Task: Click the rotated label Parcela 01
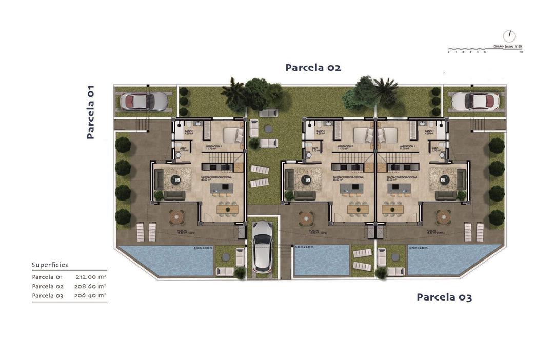(90, 112)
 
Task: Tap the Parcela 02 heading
(313, 67)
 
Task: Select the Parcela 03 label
(444, 297)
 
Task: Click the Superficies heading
(50, 265)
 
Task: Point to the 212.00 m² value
(90, 277)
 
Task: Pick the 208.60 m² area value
(90, 286)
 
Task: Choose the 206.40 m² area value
(90, 295)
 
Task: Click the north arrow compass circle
(509, 36)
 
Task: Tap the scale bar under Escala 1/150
(485, 50)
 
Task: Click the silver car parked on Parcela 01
(144, 102)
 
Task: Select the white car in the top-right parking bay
(475, 101)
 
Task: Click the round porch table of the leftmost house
(177, 217)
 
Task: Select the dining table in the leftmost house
(227, 209)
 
